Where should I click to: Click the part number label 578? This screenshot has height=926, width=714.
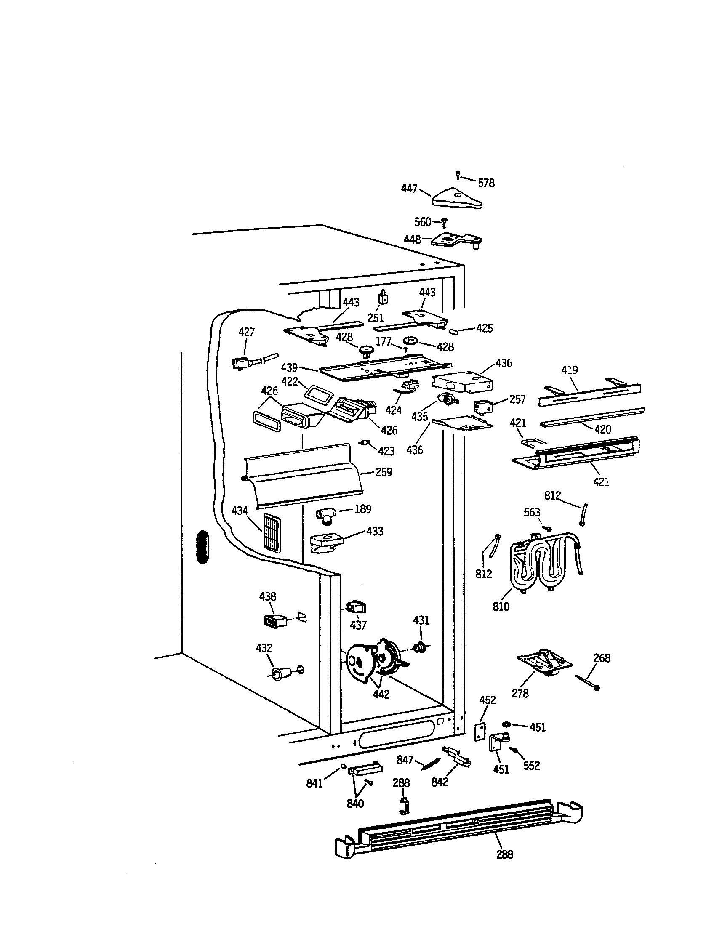[x=486, y=183]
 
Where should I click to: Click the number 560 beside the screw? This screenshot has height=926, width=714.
[x=423, y=221]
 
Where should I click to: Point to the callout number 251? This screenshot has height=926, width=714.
[x=376, y=317]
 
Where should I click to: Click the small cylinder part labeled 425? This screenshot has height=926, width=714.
[x=453, y=330]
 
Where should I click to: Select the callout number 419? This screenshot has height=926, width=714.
[x=570, y=370]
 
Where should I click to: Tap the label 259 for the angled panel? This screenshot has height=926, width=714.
[x=383, y=472]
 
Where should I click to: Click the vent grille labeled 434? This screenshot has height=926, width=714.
[x=272, y=533]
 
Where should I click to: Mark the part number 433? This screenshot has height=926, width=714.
[x=374, y=531]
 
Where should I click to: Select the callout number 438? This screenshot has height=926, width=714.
[x=267, y=596]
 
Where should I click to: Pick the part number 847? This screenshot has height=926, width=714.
[x=405, y=760]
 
